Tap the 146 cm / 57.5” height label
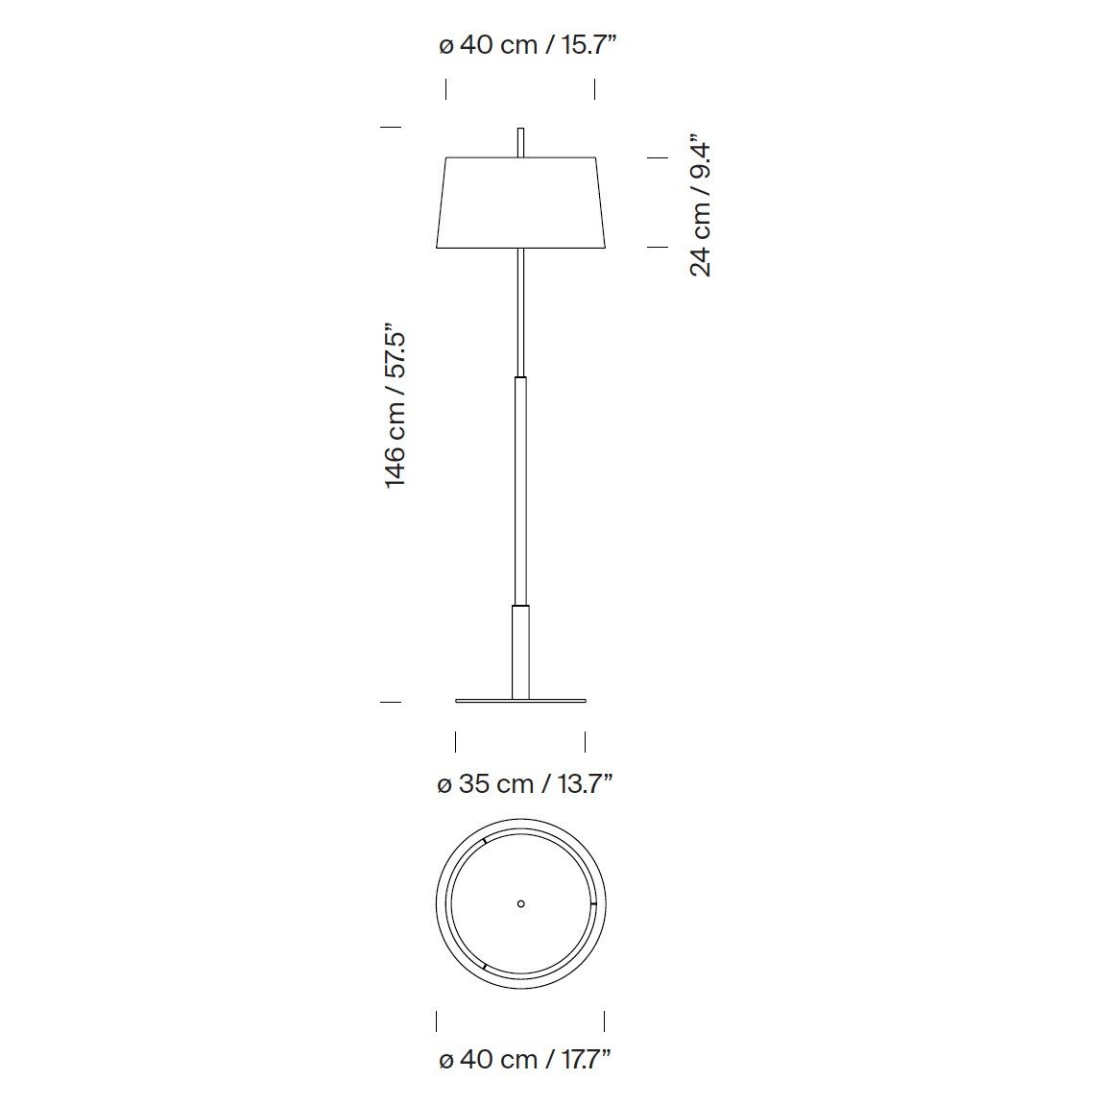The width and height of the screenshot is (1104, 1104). click(x=396, y=405)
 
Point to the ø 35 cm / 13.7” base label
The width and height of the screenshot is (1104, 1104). click(x=524, y=784)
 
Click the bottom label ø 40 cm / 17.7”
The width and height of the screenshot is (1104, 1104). click(x=524, y=1059)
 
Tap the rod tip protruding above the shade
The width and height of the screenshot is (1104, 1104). click(x=520, y=141)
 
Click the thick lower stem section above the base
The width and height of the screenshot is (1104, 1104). click(x=520, y=651)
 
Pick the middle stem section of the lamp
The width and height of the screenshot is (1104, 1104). click(x=520, y=490)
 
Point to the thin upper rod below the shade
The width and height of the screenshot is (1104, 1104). click(x=520, y=312)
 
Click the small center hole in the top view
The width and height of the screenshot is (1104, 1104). click(x=521, y=903)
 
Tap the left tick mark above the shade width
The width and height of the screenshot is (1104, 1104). click(x=445, y=89)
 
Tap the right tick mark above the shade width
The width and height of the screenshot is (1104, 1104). click(x=594, y=89)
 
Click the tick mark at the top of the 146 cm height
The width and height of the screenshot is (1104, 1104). click(x=390, y=126)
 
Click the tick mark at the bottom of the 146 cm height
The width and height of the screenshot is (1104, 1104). click(x=390, y=703)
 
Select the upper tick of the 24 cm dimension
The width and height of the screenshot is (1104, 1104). click(x=657, y=157)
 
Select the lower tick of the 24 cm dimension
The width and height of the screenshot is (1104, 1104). click(x=657, y=247)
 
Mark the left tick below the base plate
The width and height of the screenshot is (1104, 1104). click(x=455, y=741)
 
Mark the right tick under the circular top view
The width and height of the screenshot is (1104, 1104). click(x=604, y=1020)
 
